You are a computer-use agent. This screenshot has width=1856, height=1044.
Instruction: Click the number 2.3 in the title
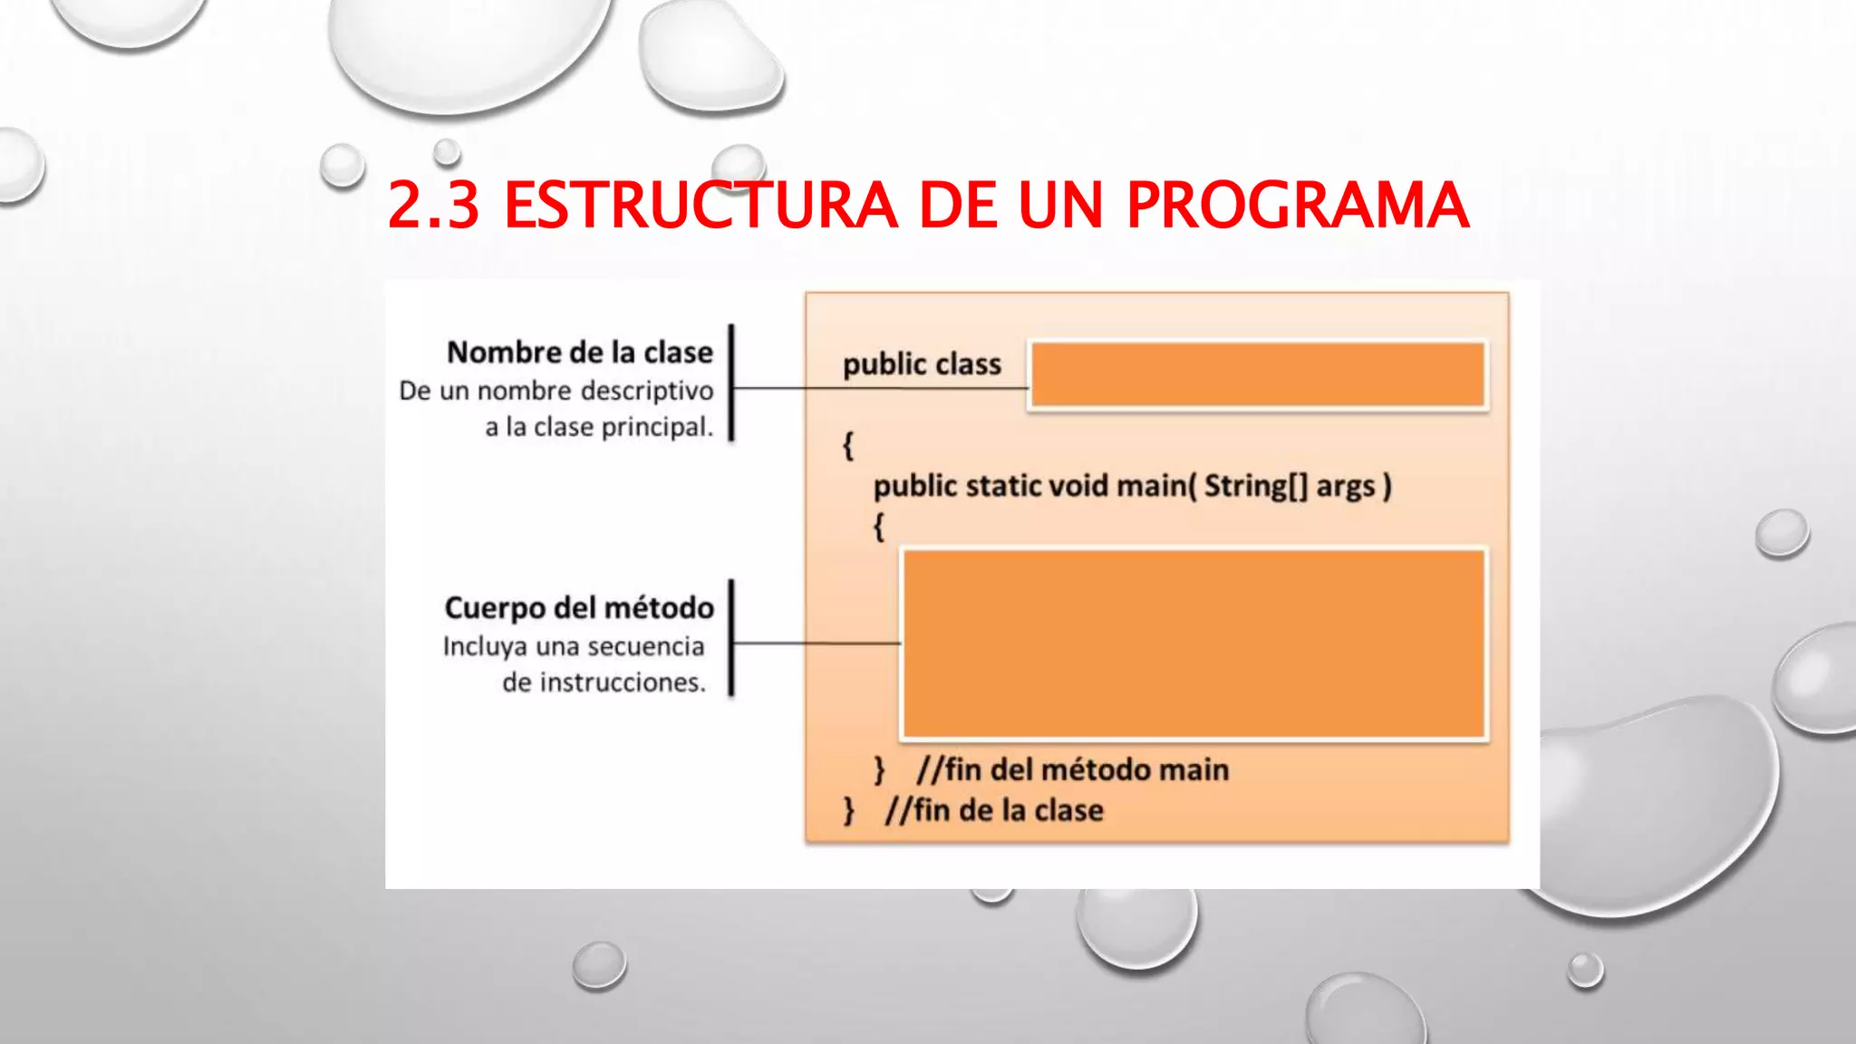point(433,205)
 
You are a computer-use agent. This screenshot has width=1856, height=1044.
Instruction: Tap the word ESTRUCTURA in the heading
point(701,205)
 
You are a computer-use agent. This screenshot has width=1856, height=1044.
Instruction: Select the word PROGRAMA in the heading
point(1297,205)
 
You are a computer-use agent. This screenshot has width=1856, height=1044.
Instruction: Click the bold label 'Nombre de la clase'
point(580,352)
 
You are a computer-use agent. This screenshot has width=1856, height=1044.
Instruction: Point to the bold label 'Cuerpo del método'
point(579,607)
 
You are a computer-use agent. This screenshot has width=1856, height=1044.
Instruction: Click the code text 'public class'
point(922,364)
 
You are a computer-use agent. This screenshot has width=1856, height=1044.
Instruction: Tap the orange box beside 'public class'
point(1258,375)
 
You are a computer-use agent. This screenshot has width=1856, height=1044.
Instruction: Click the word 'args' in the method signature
point(1346,487)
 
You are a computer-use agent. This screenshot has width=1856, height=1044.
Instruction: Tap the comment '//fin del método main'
point(1073,769)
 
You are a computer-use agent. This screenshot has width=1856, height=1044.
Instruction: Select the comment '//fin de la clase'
point(994,810)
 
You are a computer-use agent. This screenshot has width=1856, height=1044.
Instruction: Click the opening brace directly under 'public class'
point(848,445)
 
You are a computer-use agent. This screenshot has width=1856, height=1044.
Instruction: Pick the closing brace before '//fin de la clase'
point(849,810)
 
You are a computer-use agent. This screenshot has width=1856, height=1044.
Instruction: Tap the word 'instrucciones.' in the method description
point(604,682)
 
